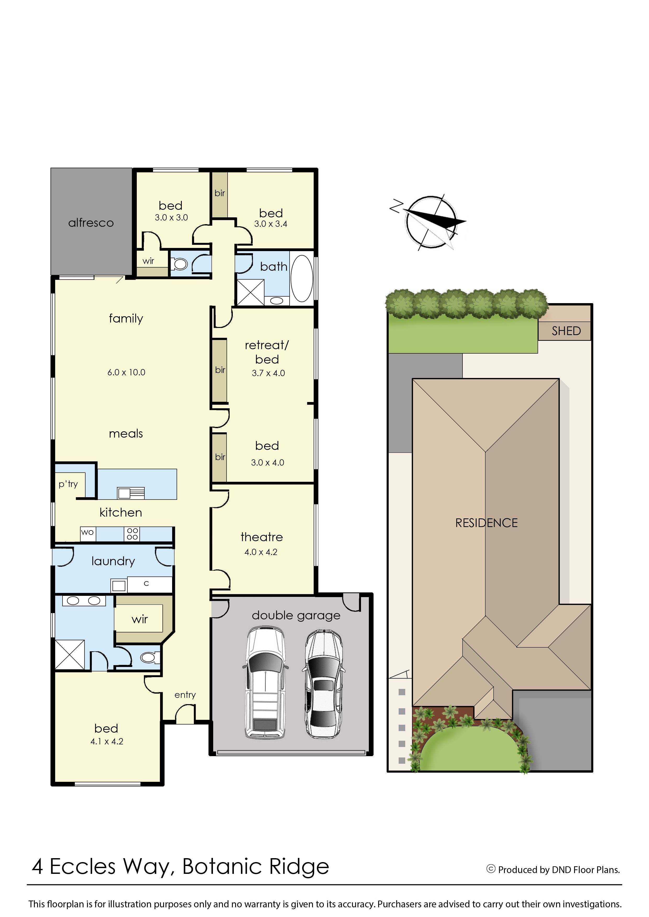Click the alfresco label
coord(91,223)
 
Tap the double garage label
coord(296,616)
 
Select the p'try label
coord(68,484)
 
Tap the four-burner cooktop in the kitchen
coord(132,534)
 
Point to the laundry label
coord(113,561)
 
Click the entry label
coord(185,695)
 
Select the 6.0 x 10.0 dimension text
coord(126,372)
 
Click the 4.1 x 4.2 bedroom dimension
coord(107,741)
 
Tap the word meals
coord(126,434)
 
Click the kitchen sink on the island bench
coord(131,494)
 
